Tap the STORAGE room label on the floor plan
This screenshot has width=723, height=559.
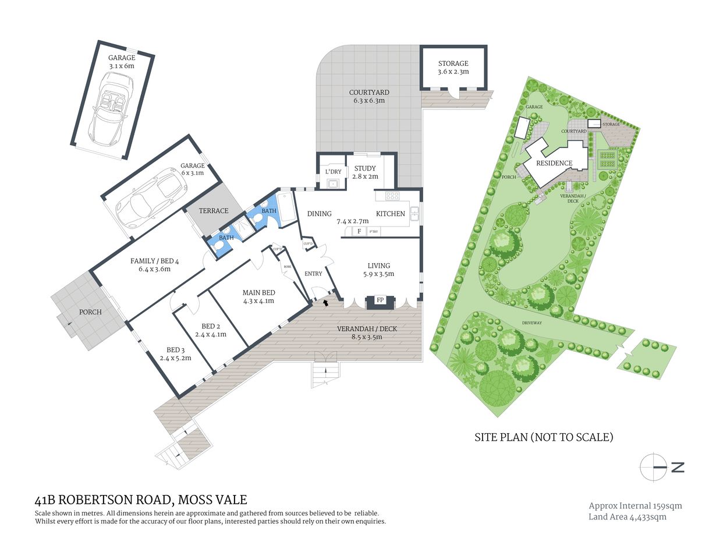click(453, 63)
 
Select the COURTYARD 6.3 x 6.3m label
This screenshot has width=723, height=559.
click(369, 96)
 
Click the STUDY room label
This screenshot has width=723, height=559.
click(365, 169)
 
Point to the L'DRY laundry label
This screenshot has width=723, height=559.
click(333, 172)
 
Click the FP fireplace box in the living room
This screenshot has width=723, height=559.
click(380, 300)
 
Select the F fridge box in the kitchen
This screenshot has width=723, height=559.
click(359, 231)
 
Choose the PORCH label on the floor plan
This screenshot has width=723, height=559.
click(90, 312)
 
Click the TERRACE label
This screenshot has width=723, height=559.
click(214, 211)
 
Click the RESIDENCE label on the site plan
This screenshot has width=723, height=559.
click(554, 163)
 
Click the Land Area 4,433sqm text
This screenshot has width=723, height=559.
click(628, 516)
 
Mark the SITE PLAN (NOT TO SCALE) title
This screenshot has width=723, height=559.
click(544, 437)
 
